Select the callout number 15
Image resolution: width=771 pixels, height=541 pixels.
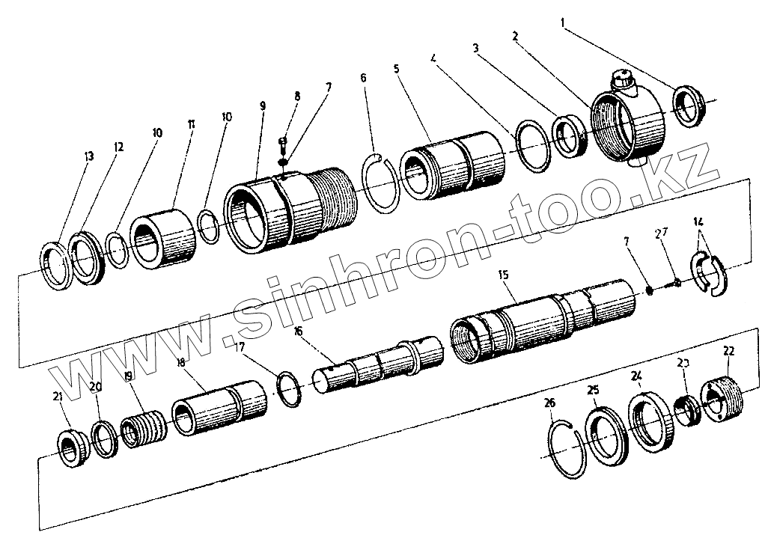502,276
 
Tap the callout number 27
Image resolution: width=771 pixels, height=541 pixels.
661,233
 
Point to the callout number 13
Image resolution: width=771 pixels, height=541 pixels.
89,156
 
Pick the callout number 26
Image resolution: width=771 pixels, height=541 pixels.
550,404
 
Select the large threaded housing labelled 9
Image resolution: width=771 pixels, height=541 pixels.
284,209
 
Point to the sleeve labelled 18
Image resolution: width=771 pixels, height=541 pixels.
219,407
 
